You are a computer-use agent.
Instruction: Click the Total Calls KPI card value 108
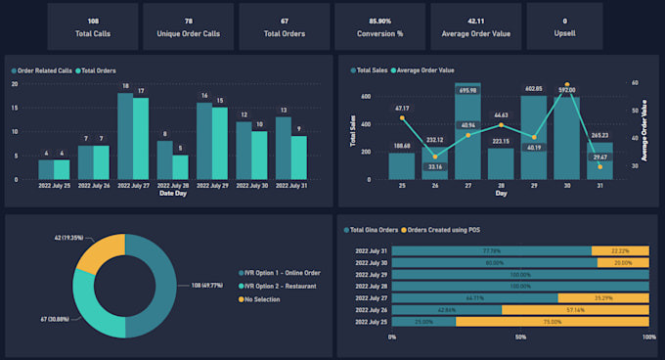coord(93,20)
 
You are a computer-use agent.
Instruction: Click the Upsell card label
coord(564,32)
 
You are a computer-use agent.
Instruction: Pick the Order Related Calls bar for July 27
coord(125,136)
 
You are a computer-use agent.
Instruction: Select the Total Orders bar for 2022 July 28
coord(181,167)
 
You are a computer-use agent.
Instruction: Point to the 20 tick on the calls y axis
coord(15,84)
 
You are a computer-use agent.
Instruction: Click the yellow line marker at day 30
coord(567,85)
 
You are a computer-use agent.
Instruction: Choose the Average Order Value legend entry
coord(426,70)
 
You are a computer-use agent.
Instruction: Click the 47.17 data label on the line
coord(402,108)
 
